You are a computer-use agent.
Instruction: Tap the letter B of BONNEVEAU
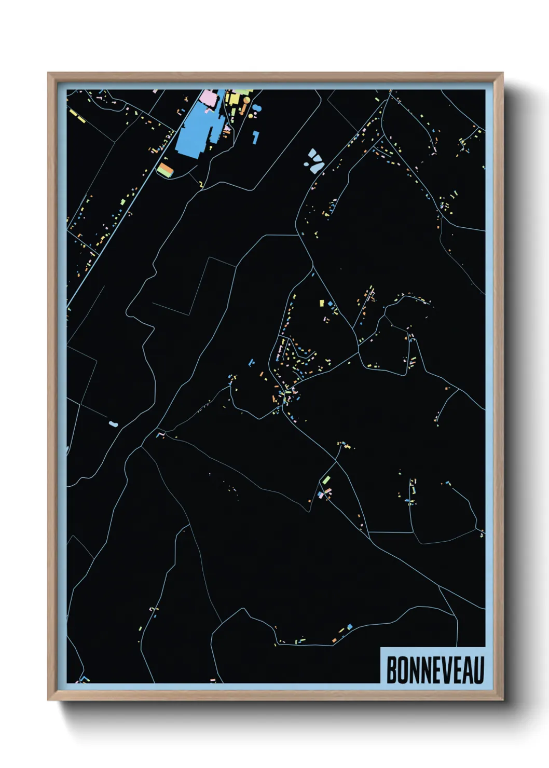(391, 670)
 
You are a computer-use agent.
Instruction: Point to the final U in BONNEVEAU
(478, 670)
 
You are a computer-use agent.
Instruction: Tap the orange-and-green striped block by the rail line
(165, 170)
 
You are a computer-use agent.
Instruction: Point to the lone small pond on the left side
(113, 424)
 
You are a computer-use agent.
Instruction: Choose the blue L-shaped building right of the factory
(255, 137)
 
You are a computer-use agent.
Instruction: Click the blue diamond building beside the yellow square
(329, 303)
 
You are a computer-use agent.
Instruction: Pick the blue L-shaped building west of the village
(252, 362)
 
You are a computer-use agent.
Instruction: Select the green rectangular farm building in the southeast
(326, 479)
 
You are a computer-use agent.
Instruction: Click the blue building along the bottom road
(350, 627)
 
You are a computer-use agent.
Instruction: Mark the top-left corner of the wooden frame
(48, 73)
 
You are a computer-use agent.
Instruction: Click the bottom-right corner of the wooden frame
(503, 700)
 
